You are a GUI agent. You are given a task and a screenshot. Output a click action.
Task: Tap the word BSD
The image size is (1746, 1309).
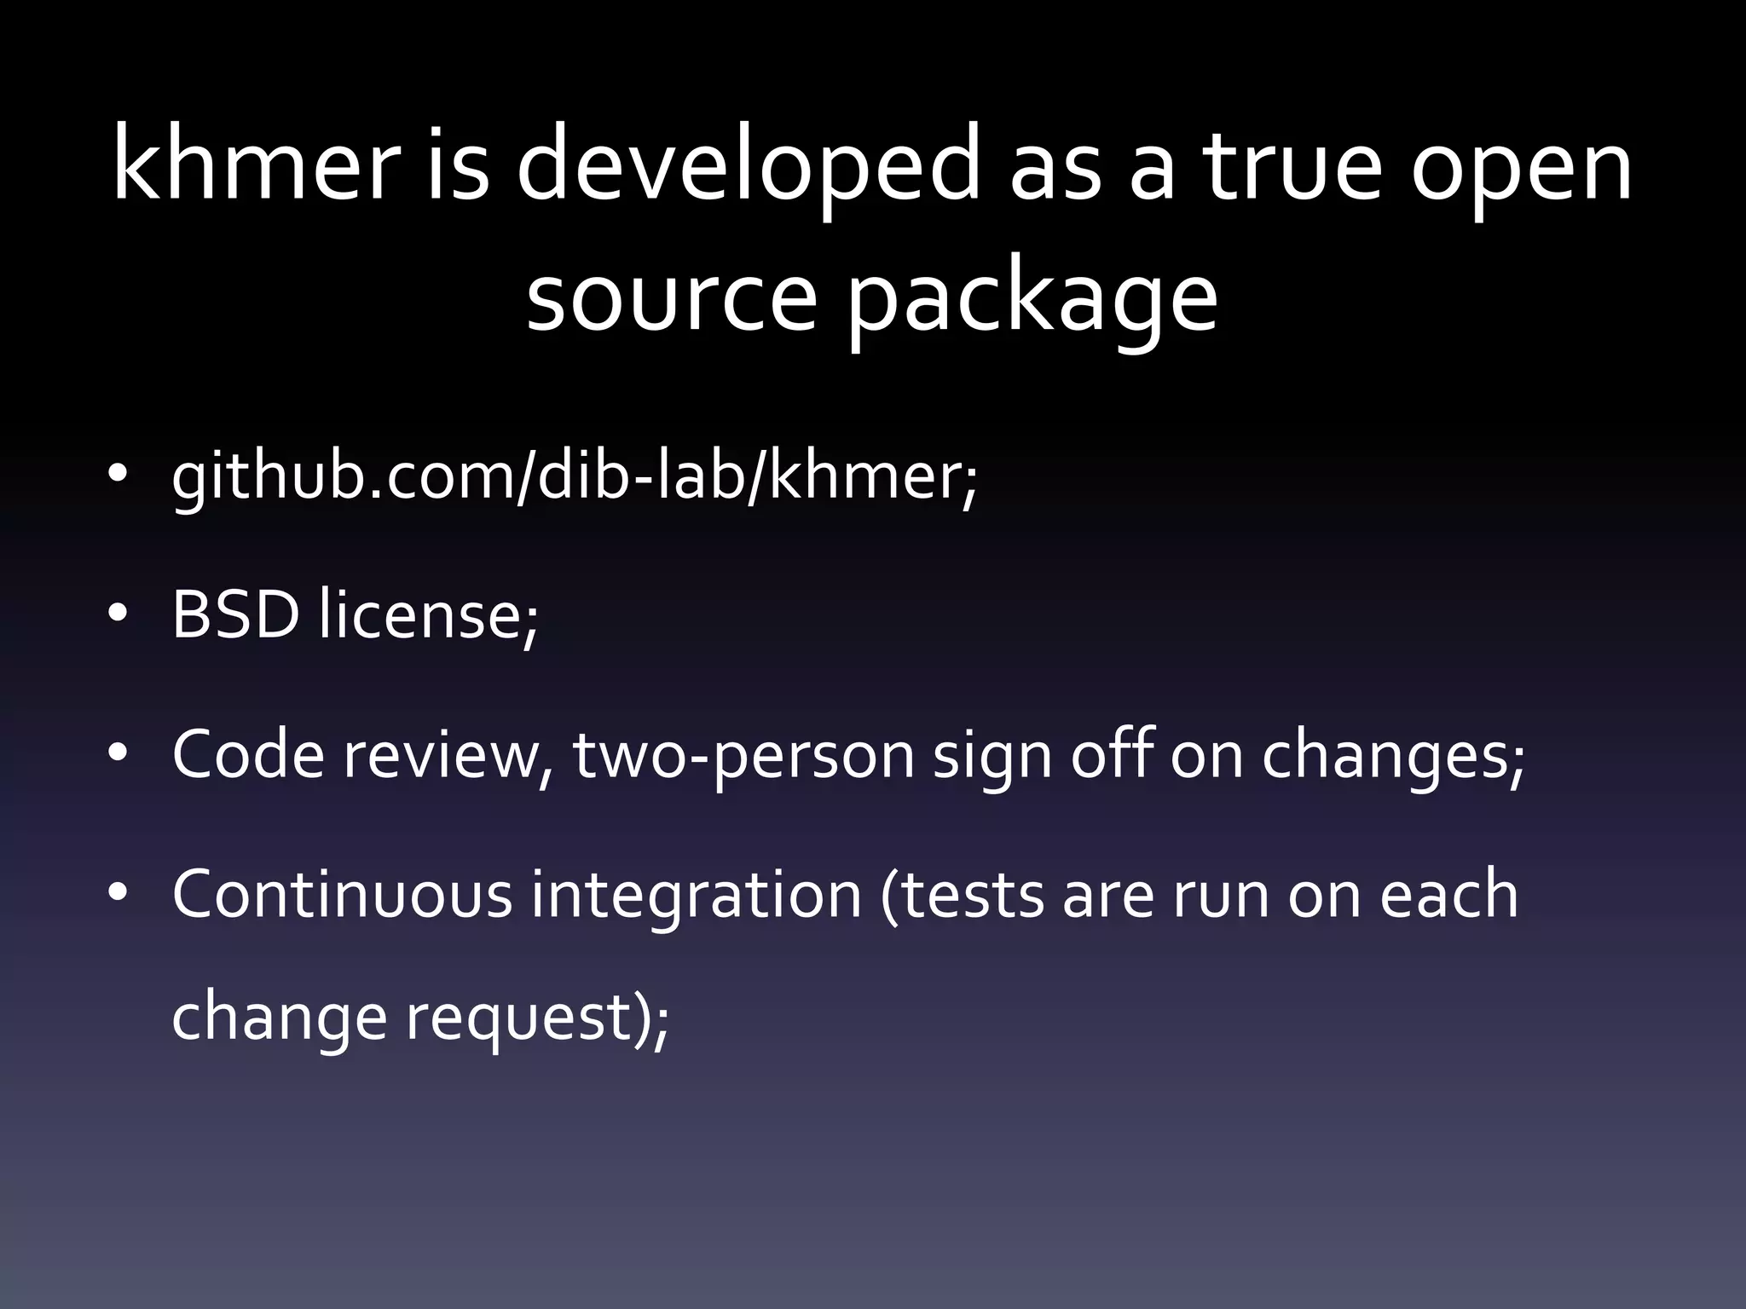pos(236,614)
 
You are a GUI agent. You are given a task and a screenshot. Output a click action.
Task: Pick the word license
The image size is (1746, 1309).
pos(429,614)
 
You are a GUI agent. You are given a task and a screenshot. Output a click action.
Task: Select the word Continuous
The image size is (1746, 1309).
pos(342,894)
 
